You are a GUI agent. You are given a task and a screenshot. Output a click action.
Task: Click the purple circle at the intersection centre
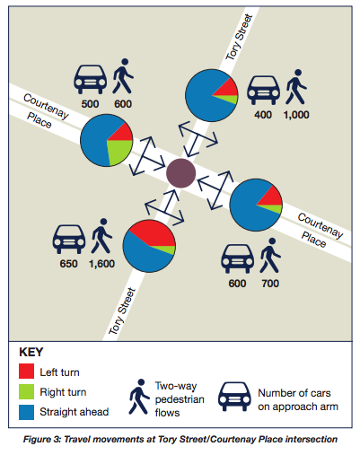coord(180,173)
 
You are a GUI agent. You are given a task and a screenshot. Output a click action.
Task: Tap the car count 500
coord(90,104)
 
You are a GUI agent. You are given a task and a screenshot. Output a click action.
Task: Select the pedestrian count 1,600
coord(101,264)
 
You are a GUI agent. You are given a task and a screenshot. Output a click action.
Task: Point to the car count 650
coord(68,264)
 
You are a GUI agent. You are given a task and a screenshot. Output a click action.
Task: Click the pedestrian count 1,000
coord(296,115)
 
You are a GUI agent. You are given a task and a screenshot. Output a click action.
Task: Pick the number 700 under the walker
coord(270,284)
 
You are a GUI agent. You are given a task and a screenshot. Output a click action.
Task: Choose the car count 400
coord(263,115)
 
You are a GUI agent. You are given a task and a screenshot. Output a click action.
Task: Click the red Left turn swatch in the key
coord(26,371)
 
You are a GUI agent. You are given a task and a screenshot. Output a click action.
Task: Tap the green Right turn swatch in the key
coord(26,391)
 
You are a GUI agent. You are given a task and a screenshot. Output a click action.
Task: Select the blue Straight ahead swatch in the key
coord(26,412)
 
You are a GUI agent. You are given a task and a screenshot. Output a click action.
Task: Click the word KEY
coord(31,352)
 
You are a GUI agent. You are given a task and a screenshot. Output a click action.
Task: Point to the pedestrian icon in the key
coord(139,397)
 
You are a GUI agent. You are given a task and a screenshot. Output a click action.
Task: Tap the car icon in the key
coord(234,396)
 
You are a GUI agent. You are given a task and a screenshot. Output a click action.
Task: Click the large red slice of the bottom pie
coord(154,232)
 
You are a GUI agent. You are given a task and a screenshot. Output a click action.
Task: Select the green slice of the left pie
coord(119,151)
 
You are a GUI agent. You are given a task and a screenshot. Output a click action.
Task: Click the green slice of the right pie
coord(272,208)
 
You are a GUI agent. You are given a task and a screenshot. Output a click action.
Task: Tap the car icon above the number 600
coord(238,258)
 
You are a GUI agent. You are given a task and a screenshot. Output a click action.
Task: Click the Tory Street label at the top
coord(239,37)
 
